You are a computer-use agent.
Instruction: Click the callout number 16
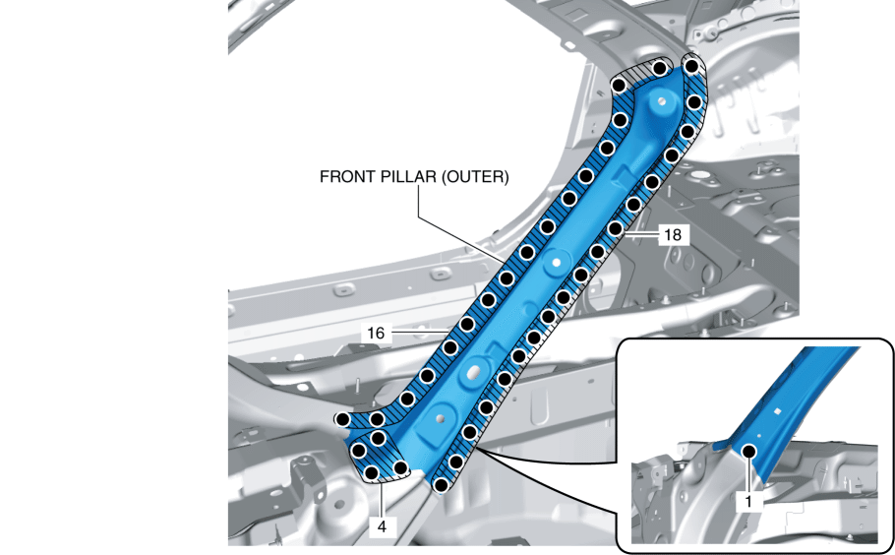click(x=376, y=334)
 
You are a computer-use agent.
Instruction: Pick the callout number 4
click(x=381, y=526)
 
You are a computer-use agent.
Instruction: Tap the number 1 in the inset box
click(x=749, y=500)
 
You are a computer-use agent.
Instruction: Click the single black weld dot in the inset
click(x=748, y=452)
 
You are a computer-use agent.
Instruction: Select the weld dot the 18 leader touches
click(x=616, y=228)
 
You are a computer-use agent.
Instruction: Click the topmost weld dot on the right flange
click(x=691, y=67)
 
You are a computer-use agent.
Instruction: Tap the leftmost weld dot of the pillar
click(x=341, y=419)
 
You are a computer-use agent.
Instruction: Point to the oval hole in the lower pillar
click(x=473, y=371)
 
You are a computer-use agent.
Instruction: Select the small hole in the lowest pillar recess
click(x=439, y=417)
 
